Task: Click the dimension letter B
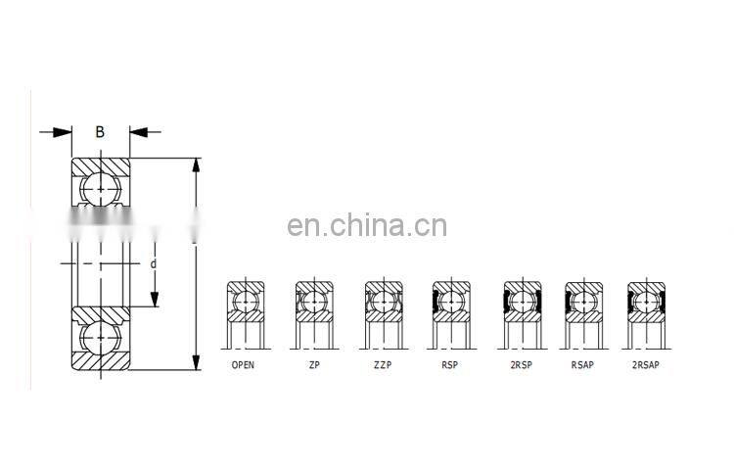point(100,130)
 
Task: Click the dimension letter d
point(154,263)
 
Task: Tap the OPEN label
point(243,365)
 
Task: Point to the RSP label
point(449,365)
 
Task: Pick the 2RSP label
point(520,365)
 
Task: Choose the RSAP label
point(584,365)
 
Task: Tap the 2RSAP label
point(646,365)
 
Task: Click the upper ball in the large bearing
point(101,187)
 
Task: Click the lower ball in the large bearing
point(101,337)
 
